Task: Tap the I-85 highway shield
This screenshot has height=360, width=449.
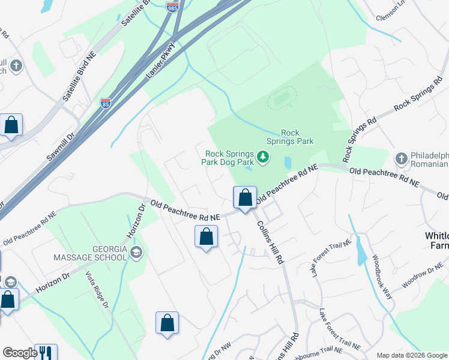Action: (106, 103)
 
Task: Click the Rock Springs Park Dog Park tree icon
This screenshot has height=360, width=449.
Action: (262, 157)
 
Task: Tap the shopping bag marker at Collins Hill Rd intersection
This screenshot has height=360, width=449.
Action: (245, 197)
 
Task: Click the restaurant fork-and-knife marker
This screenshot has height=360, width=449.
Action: (46, 352)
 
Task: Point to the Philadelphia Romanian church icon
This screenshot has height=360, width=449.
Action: (401, 158)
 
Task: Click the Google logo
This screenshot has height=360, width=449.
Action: (20, 353)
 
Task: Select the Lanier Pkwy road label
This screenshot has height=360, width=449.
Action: (160, 61)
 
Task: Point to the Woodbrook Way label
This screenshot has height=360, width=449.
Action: (381, 275)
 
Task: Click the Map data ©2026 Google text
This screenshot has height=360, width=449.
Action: (412, 355)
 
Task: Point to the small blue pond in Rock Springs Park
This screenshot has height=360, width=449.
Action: (288, 163)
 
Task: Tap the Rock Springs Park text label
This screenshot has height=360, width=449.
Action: (297, 137)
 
